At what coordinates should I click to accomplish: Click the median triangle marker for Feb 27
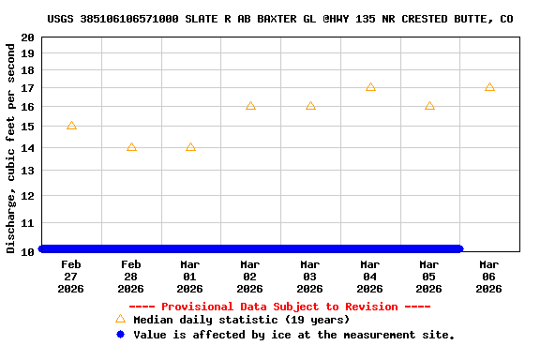71,126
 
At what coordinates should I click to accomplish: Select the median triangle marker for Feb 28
131,147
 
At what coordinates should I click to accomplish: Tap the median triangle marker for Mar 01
190,147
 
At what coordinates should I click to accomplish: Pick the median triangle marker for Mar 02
250,106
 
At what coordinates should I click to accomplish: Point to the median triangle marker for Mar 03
310,106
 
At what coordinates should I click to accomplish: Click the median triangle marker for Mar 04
370,87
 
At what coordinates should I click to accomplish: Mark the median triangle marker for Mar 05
429,106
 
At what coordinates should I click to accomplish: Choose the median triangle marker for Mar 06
489,87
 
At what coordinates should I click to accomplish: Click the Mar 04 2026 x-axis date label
369,277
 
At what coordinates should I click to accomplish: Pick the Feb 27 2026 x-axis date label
71,277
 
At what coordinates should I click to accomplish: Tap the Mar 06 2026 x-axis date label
488,277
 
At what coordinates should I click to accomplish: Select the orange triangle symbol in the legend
120,319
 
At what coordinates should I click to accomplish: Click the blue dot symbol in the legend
120,334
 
